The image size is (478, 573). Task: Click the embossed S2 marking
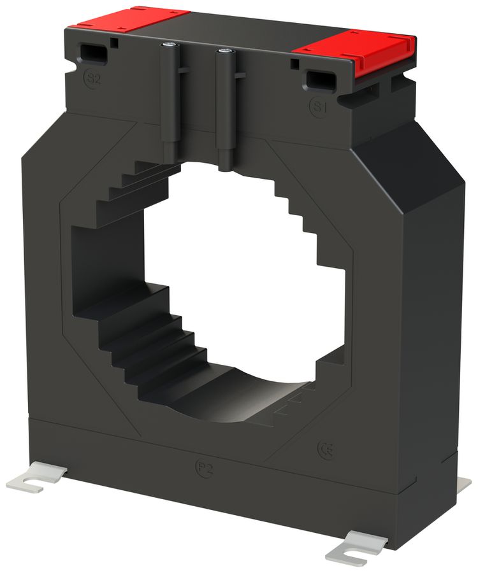pos(93,79)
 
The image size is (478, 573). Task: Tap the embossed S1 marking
pos(319,106)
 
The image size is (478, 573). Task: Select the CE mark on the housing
pos(326,449)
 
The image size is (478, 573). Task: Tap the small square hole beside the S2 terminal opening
pos(113,43)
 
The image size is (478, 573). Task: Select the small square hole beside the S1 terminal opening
pos(294,64)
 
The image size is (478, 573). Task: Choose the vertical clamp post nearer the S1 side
pos(224,108)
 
